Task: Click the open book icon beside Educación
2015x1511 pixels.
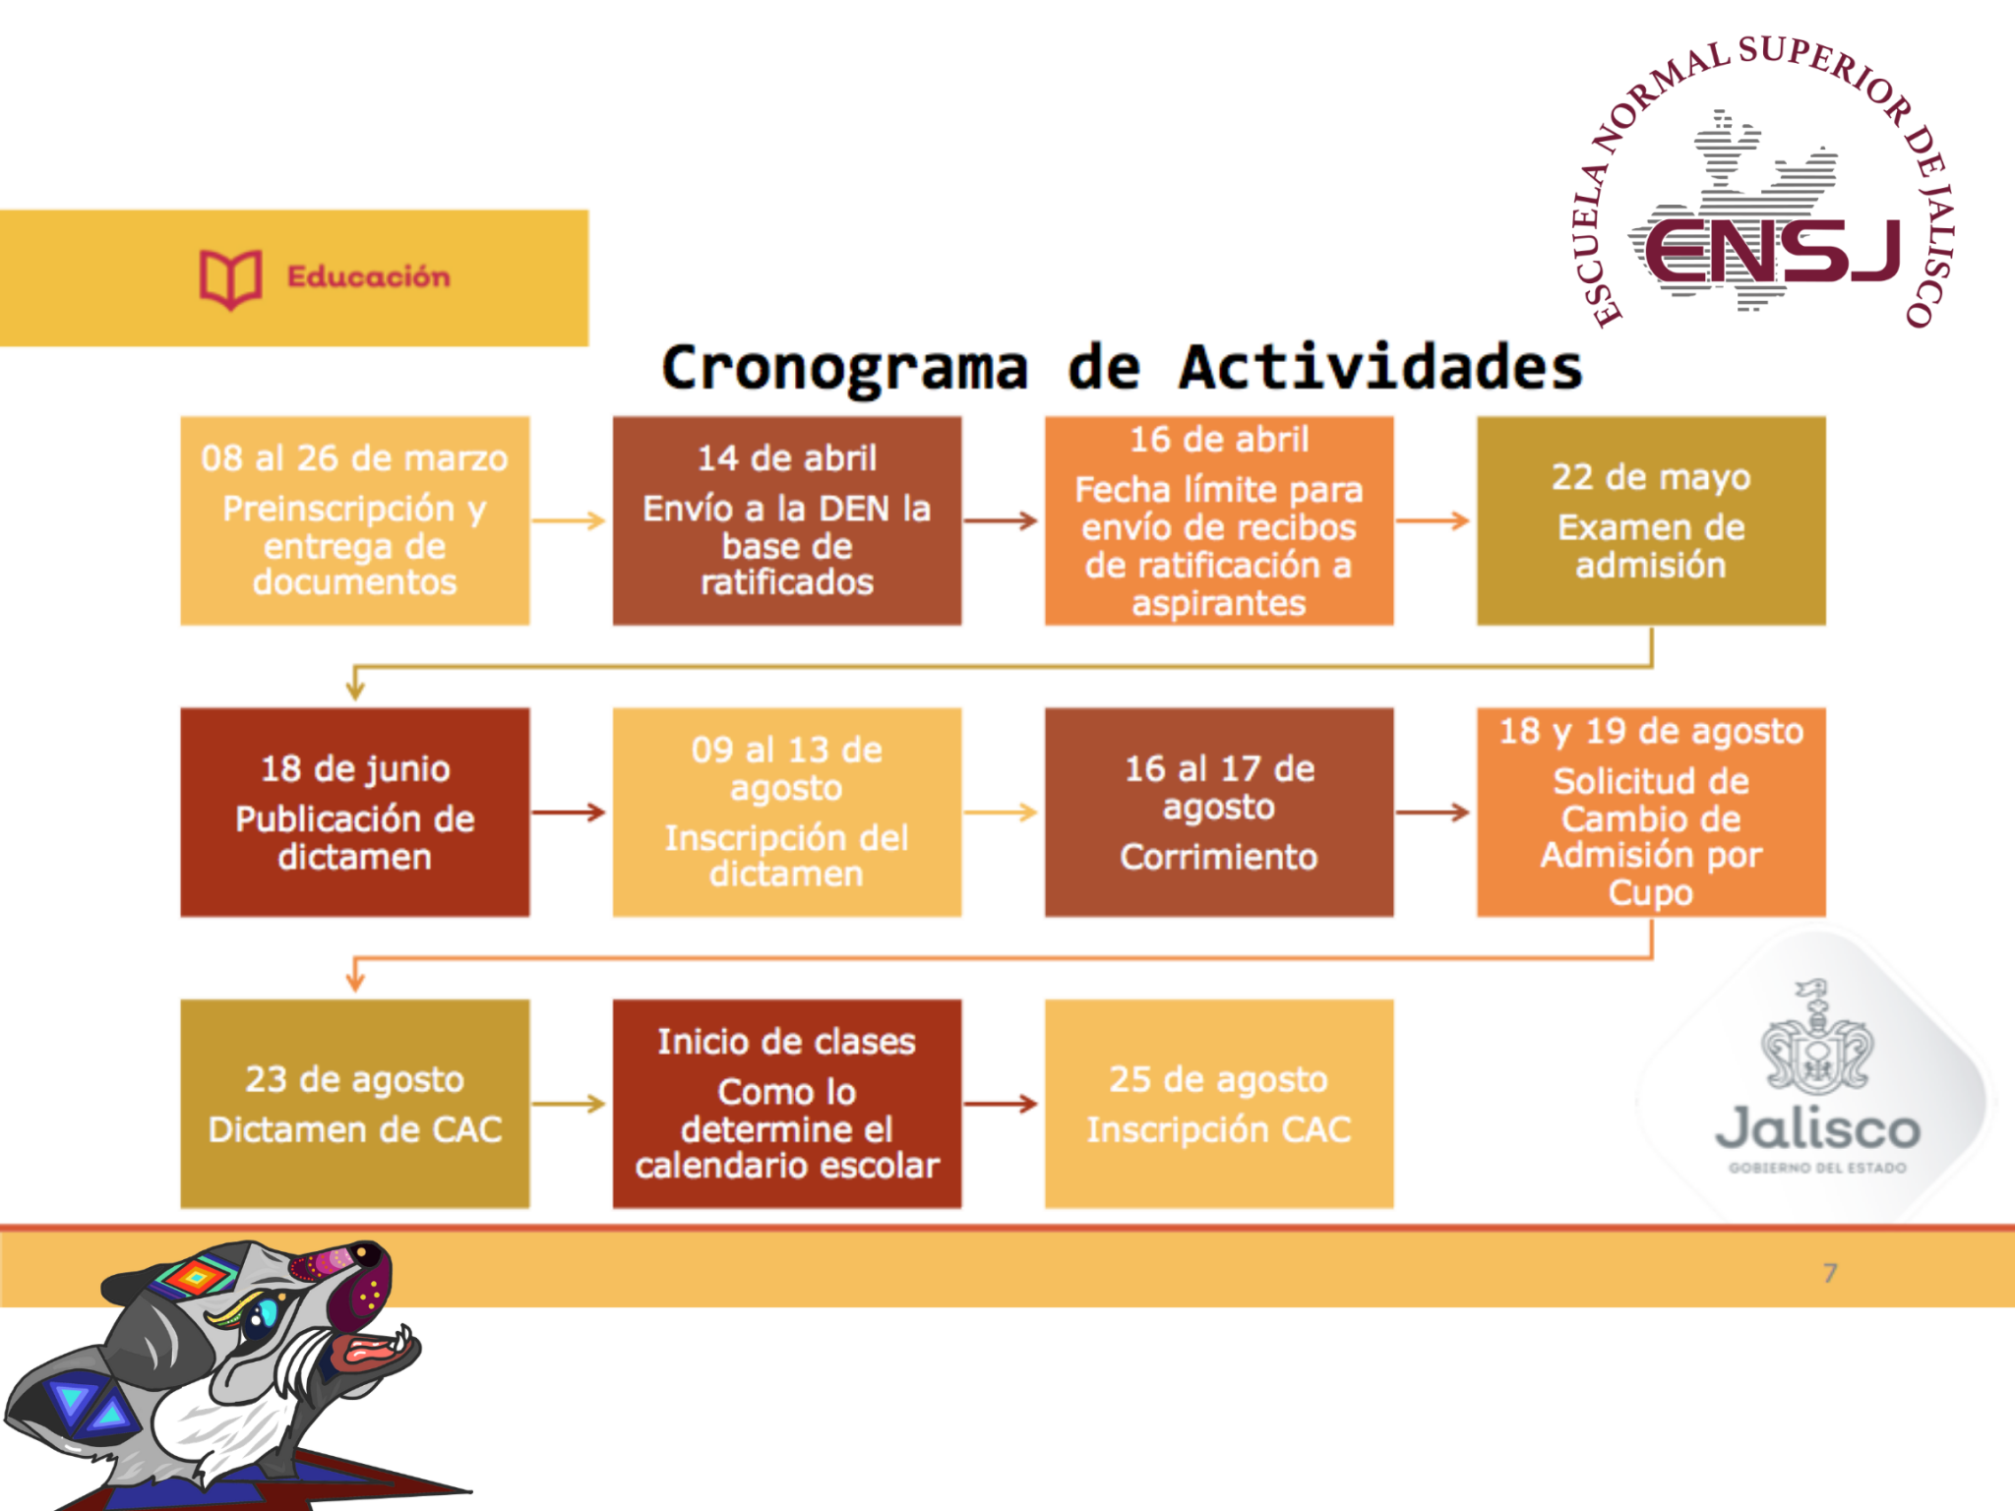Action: click(x=230, y=278)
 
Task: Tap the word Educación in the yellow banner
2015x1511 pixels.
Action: click(x=368, y=277)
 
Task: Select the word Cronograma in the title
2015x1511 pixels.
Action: click(x=844, y=369)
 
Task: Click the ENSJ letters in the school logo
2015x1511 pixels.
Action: click(x=1772, y=251)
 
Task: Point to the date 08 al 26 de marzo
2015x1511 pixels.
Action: click(x=354, y=458)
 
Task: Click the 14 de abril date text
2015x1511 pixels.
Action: click(x=786, y=458)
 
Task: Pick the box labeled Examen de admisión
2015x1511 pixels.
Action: click(x=1650, y=520)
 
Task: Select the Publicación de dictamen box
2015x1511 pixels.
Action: click(x=354, y=813)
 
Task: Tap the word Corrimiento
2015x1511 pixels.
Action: click(x=1218, y=857)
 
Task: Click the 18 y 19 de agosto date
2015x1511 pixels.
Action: click(x=1650, y=731)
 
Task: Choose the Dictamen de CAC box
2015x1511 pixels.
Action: click(x=354, y=1104)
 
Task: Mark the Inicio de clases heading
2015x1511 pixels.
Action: click(x=786, y=1042)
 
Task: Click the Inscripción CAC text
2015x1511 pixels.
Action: click(x=1218, y=1129)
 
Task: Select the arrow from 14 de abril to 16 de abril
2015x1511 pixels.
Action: click(x=1002, y=520)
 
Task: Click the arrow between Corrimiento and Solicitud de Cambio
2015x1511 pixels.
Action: click(x=1434, y=813)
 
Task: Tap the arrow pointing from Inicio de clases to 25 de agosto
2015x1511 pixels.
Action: click(x=1002, y=1104)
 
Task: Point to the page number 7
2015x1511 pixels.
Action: click(x=1829, y=1273)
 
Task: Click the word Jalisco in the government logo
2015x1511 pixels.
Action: click(x=1817, y=1129)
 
